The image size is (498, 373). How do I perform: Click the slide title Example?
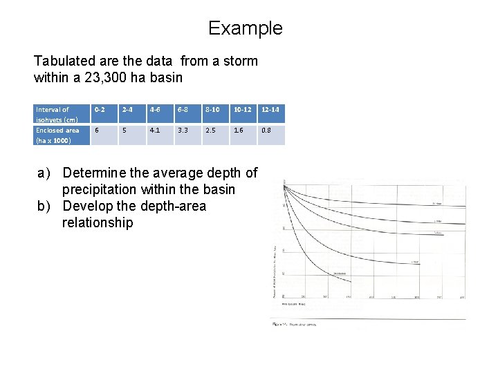245,28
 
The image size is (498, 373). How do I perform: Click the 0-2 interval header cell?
101,110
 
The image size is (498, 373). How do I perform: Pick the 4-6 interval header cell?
156,110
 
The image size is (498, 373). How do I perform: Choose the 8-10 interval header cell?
212,110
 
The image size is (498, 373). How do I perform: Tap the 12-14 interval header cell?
270,110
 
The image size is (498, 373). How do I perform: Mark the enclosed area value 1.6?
239,130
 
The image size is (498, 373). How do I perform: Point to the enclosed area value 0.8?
266,130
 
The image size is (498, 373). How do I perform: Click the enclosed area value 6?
97,130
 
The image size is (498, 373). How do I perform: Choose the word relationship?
98,222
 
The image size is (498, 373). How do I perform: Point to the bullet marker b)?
46,206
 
